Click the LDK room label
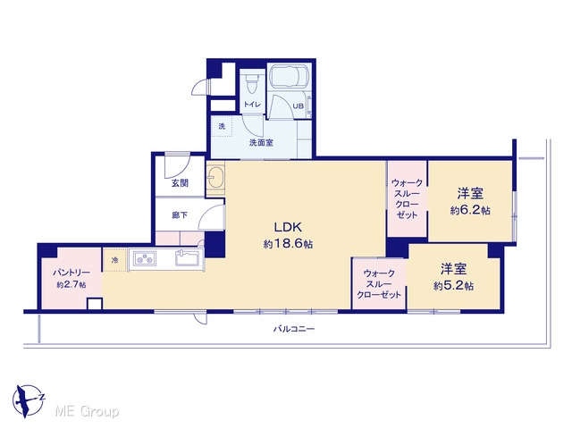tap(288, 227)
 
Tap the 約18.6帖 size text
tap(288, 244)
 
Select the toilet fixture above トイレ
tap(251, 83)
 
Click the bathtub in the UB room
tap(289, 78)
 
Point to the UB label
tap(299, 106)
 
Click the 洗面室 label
tap(261, 143)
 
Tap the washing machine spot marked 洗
tap(222, 127)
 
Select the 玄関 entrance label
tap(180, 183)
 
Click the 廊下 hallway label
tap(180, 215)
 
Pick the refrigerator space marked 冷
tap(114, 260)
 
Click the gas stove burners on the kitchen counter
tap(145, 259)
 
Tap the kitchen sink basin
tap(187, 258)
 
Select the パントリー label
tap(71, 273)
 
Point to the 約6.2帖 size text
tap(470, 211)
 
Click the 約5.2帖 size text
tap(453, 286)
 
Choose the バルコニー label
tap(294, 329)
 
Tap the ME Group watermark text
tap(87, 412)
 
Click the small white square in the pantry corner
tap(95, 304)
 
